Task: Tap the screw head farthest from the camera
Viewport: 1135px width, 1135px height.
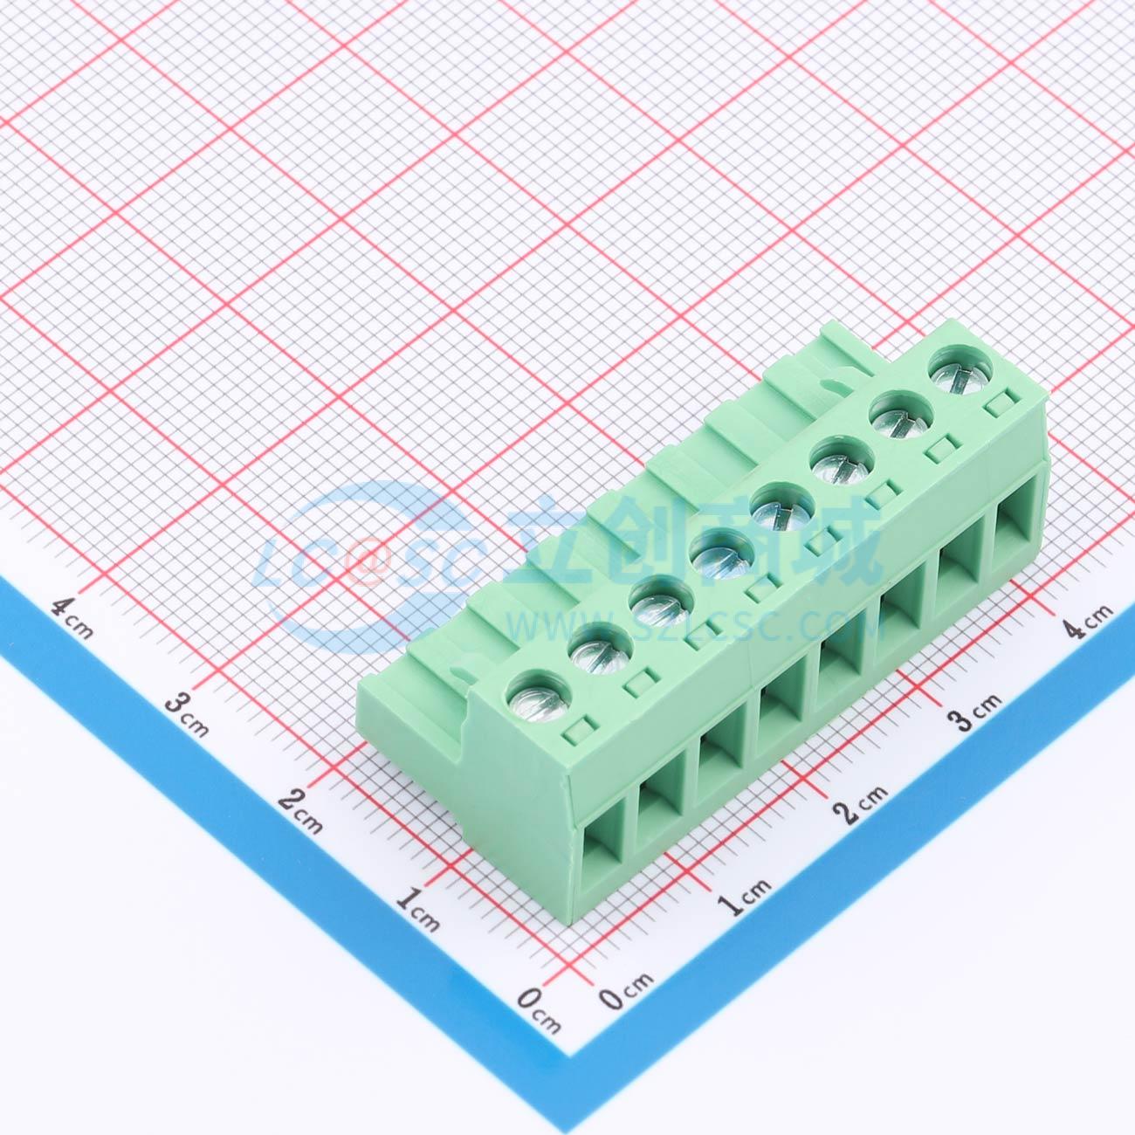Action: [960, 375]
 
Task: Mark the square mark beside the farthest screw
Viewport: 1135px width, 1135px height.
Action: [995, 405]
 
